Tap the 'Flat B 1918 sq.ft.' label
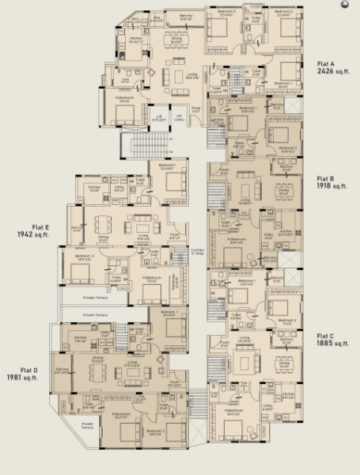click(x=331, y=183)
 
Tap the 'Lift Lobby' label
click(x=179, y=117)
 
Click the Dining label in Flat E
click(x=103, y=236)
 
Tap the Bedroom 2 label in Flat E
click(x=85, y=256)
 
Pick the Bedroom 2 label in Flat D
click(x=154, y=431)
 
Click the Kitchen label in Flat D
click(x=79, y=338)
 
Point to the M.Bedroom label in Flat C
click(x=233, y=412)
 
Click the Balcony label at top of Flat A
click(x=185, y=15)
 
